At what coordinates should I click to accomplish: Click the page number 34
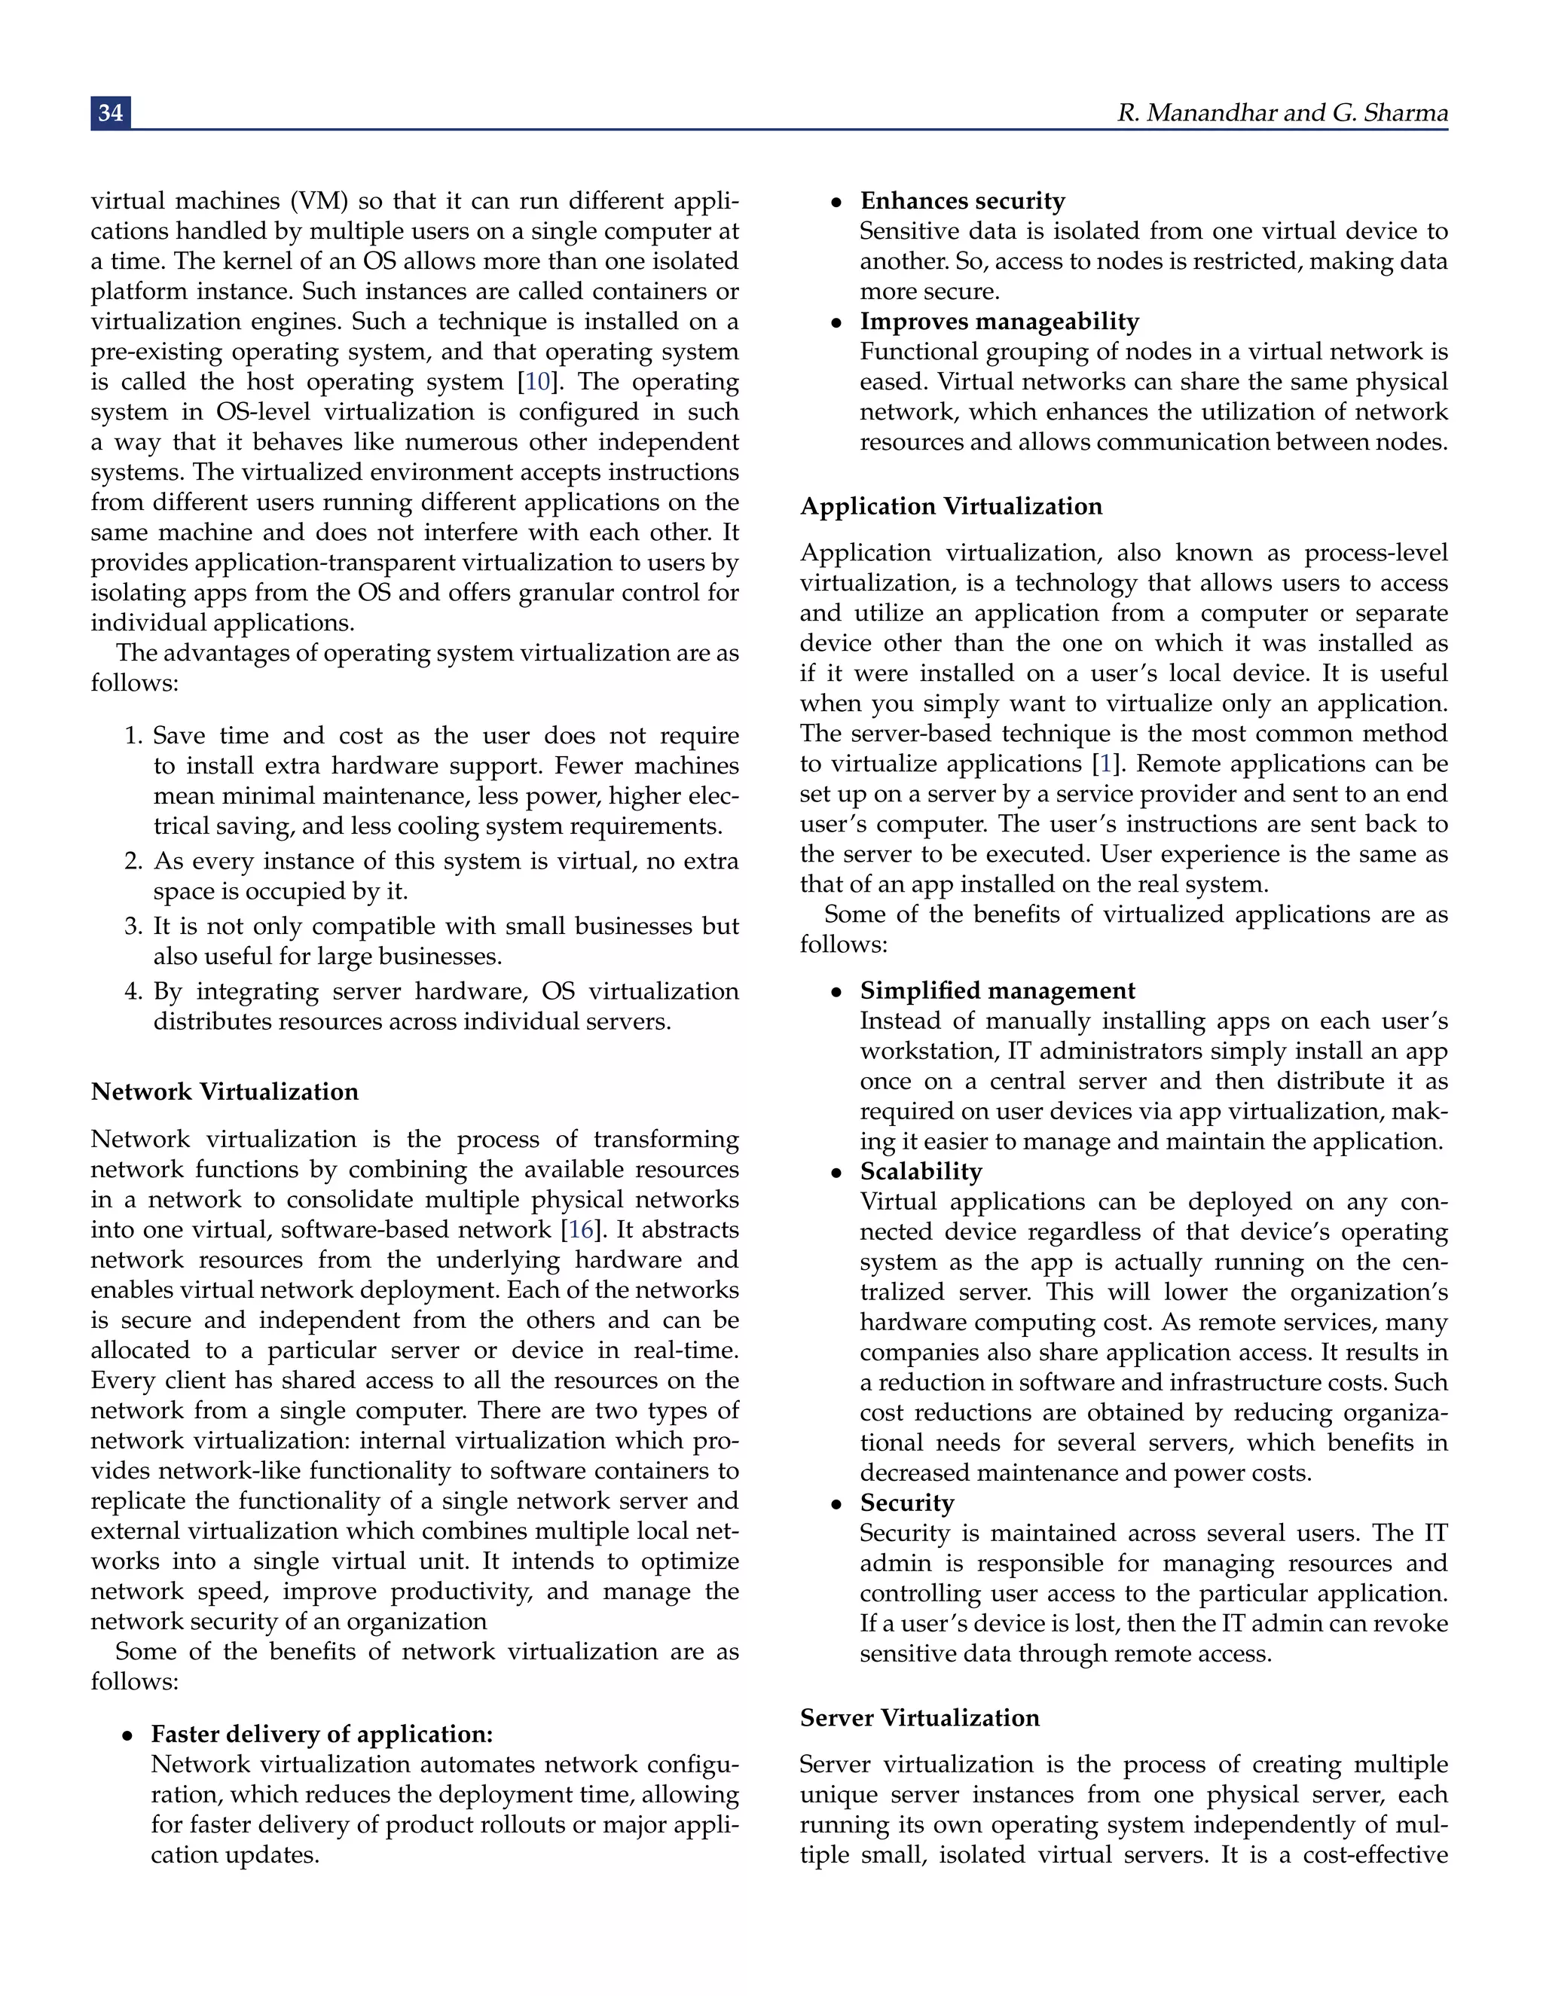[111, 112]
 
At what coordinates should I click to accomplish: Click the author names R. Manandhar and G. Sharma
[1282, 112]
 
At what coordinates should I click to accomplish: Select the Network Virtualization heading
[225, 1091]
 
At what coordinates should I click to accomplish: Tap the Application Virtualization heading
[951, 506]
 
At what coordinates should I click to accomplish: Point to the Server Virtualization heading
[920, 1717]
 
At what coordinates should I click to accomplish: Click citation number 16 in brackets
[582, 1229]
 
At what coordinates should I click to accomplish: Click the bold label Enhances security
[963, 200]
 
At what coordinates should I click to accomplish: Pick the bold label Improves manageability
[999, 321]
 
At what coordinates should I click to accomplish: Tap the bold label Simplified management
[998, 990]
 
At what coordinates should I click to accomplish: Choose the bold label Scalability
[921, 1172]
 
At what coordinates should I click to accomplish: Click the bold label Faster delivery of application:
[322, 1734]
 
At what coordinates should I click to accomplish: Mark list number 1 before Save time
[133, 736]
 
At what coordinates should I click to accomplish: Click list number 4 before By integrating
[133, 992]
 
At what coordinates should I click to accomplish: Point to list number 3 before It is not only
[133, 926]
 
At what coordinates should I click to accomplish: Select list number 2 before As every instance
[133, 861]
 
